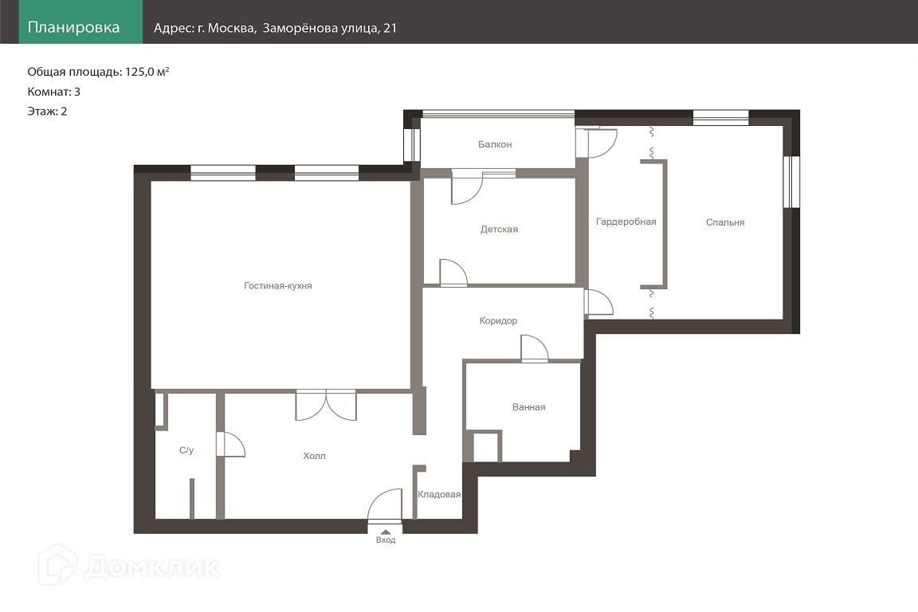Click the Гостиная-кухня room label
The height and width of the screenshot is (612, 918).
pyautogui.click(x=277, y=286)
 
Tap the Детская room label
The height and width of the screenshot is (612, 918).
pyautogui.click(x=499, y=229)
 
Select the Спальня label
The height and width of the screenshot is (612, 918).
pyautogui.click(x=725, y=222)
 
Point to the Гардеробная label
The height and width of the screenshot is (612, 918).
pyautogui.click(x=626, y=222)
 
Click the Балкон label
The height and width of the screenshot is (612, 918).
pyautogui.click(x=495, y=144)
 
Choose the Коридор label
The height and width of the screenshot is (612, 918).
pyautogui.click(x=498, y=321)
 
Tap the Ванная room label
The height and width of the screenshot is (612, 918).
pyautogui.click(x=528, y=407)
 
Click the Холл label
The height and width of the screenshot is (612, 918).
pyautogui.click(x=315, y=456)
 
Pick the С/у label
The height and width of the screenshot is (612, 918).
pyautogui.click(x=186, y=450)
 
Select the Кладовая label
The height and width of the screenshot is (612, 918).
pyautogui.click(x=439, y=494)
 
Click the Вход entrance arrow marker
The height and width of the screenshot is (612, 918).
pyautogui.click(x=386, y=532)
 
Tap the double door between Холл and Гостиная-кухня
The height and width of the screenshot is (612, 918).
pyautogui.click(x=325, y=405)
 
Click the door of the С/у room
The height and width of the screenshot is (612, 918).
pyautogui.click(x=230, y=445)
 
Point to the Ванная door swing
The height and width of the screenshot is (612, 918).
pyautogui.click(x=535, y=348)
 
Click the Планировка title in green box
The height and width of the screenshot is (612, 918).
pyautogui.click(x=74, y=28)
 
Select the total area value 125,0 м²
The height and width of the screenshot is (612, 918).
pyautogui.click(x=147, y=72)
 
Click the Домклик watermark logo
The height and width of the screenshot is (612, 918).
pyautogui.click(x=129, y=566)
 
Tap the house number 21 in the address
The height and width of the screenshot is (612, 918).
pyautogui.click(x=390, y=28)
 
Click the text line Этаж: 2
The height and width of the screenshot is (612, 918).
pyautogui.click(x=48, y=112)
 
